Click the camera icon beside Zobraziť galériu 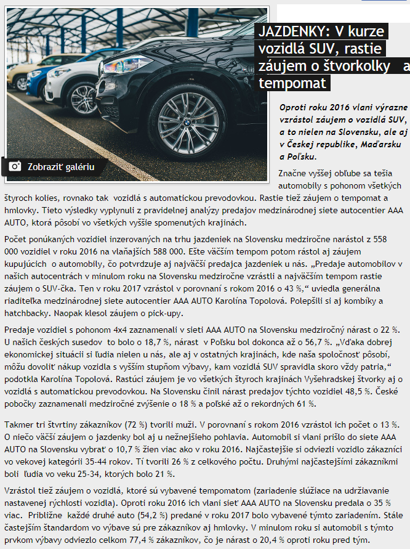pyautogui.click(x=15, y=166)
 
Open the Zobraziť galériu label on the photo pyautogui.click(x=60, y=166)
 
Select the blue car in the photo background pyautogui.click(x=38, y=77)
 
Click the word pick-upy pyautogui.click(x=169, y=313)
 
